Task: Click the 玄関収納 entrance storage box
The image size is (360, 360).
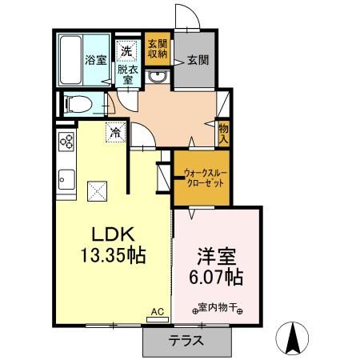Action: click(157, 49)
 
